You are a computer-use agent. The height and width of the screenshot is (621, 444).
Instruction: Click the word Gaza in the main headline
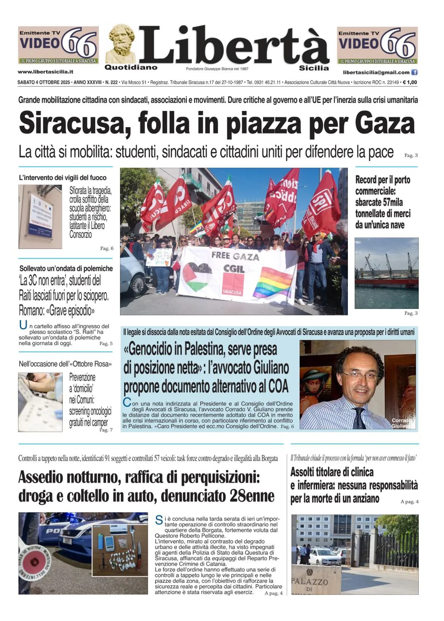(x=384, y=123)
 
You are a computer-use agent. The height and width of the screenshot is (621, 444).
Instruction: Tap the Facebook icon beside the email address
(x=414, y=72)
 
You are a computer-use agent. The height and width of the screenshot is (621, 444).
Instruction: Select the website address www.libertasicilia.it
(x=46, y=72)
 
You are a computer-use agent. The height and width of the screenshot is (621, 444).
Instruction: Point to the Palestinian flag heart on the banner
(x=198, y=276)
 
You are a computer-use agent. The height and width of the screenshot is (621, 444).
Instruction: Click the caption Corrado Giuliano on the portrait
(x=402, y=423)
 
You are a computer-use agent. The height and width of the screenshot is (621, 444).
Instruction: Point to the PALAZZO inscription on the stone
(x=310, y=581)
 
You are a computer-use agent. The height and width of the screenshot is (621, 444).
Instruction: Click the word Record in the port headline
(x=365, y=180)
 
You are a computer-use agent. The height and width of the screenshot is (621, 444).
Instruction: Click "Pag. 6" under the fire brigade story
(x=106, y=248)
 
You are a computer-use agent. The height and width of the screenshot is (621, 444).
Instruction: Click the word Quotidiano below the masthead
(x=131, y=67)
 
